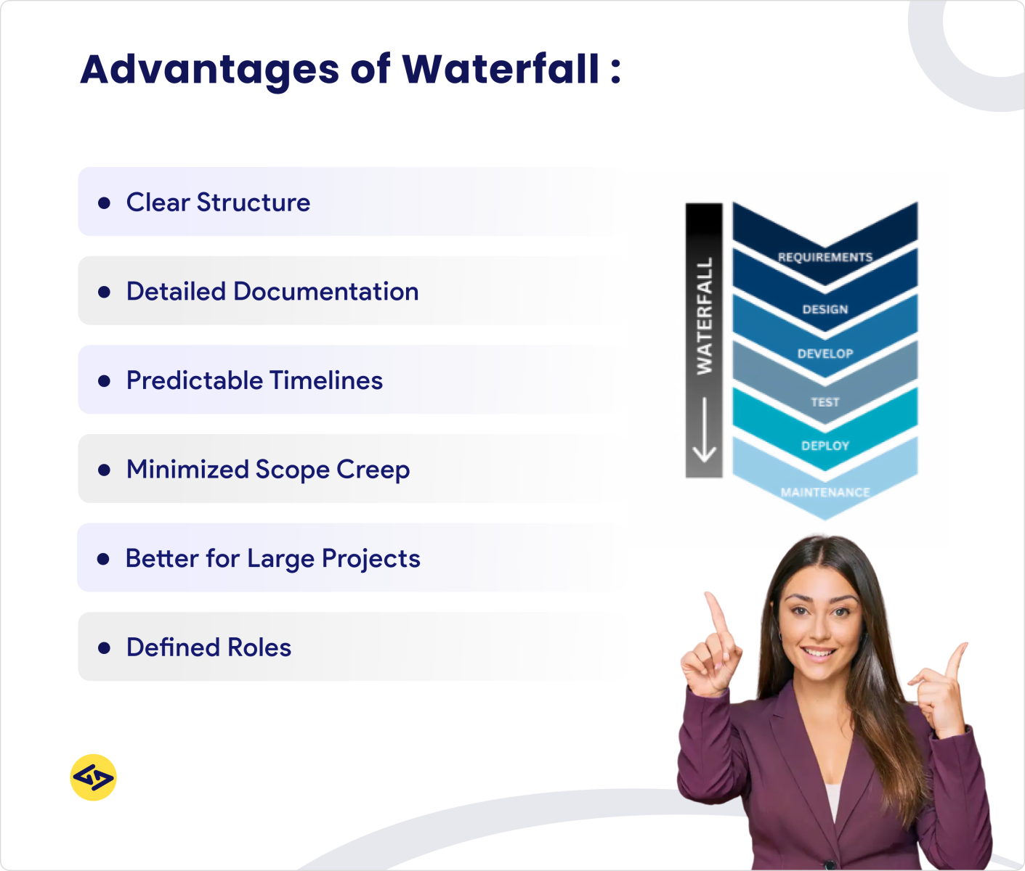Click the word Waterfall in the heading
(501, 70)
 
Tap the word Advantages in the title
(210, 70)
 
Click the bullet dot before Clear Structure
(104, 203)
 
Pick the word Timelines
(325, 380)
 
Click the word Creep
(373, 470)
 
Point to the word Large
(280, 559)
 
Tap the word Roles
(259, 647)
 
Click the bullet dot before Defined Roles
(104, 648)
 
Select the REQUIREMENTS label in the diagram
(825, 257)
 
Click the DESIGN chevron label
(825, 309)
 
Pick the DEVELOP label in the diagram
(825, 353)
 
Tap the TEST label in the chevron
(825, 401)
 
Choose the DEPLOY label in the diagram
(825, 446)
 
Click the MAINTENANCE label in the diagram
(825, 492)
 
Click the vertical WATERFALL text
(705, 316)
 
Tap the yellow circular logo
(94, 777)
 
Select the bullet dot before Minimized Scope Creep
(104, 470)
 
